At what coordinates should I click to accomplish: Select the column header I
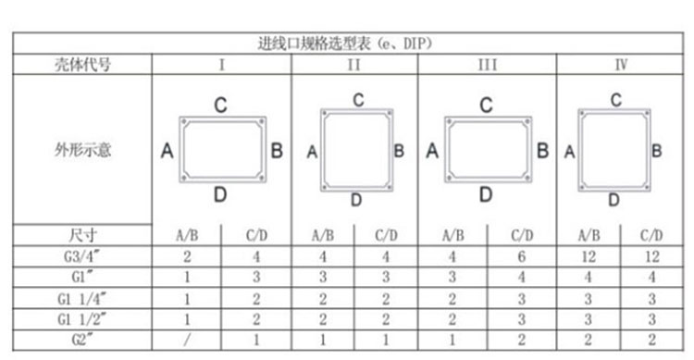(x=222, y=65)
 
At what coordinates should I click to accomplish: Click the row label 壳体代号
(x=82, y=65)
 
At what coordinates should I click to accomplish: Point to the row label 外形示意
(x=82, y=150)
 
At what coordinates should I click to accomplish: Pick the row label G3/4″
(x=82, y=255)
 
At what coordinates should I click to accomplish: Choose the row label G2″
(x=82, y=341)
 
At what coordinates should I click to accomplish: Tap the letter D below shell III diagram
(x=486, y=195)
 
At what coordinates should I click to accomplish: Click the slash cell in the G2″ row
(x=187, y=341)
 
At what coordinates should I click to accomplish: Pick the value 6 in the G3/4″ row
(x=522, y=255)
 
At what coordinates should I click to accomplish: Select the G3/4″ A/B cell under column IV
(x=587, y=255)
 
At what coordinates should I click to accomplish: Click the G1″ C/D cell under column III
(x=522, y=277)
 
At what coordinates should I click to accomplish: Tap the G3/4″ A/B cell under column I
(x=187, y=255)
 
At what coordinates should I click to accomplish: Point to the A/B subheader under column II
(x=323, y=235)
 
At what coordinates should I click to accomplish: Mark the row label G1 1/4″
(x=82, y=298)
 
